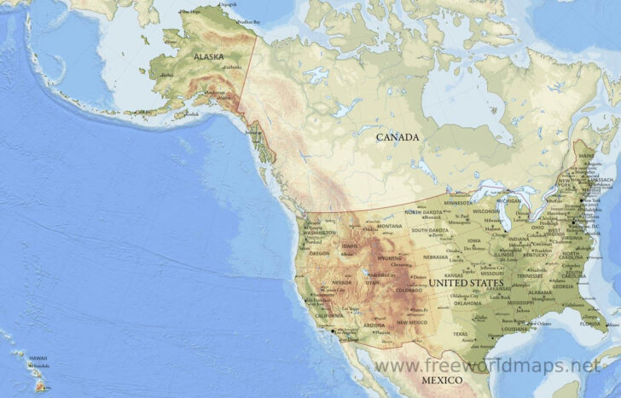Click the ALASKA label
click(208, 57)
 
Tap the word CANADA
click(398, 136)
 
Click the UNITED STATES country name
click(466, 281)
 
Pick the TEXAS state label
click(460, 334)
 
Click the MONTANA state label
click(389, 226)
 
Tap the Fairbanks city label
click(232, 66)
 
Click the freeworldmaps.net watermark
click(487, 366)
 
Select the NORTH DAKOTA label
click(425, 211)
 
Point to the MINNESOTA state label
click(457, 203)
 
